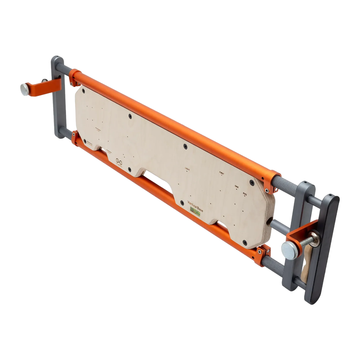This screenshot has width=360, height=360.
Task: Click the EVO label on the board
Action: (x=245, y=194)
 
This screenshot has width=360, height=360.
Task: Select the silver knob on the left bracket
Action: (x=24, y=88)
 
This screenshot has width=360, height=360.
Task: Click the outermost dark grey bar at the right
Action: (x=322, y=250)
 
